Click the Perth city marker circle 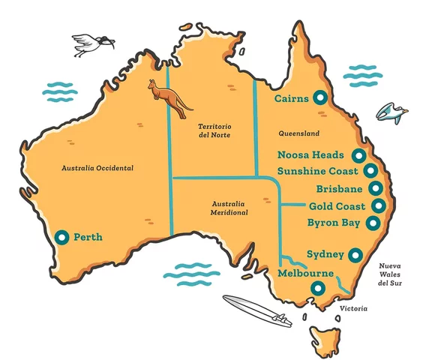pos(61,237)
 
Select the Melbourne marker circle pos(320,288)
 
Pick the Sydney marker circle pos(357,254)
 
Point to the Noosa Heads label pos(310,156)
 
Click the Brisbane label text pos(340,189)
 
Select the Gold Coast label pos(337,206)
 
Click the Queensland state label pos(298,133)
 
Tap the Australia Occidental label pos(97,168)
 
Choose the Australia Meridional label pos(228,208)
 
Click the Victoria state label pos(353,308)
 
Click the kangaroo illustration pos(170,97)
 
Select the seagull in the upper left pos(93,45)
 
